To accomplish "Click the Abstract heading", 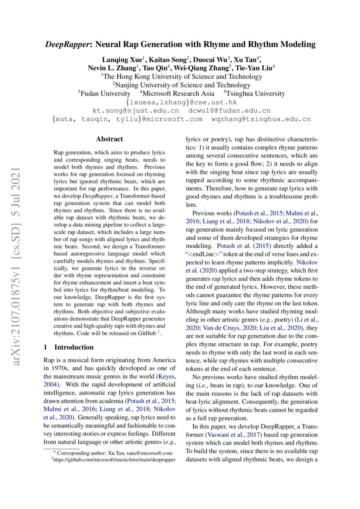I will tap(109, 139).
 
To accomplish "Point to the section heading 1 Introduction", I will tap(69, 347).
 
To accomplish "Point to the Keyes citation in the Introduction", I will tap(167, 376).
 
